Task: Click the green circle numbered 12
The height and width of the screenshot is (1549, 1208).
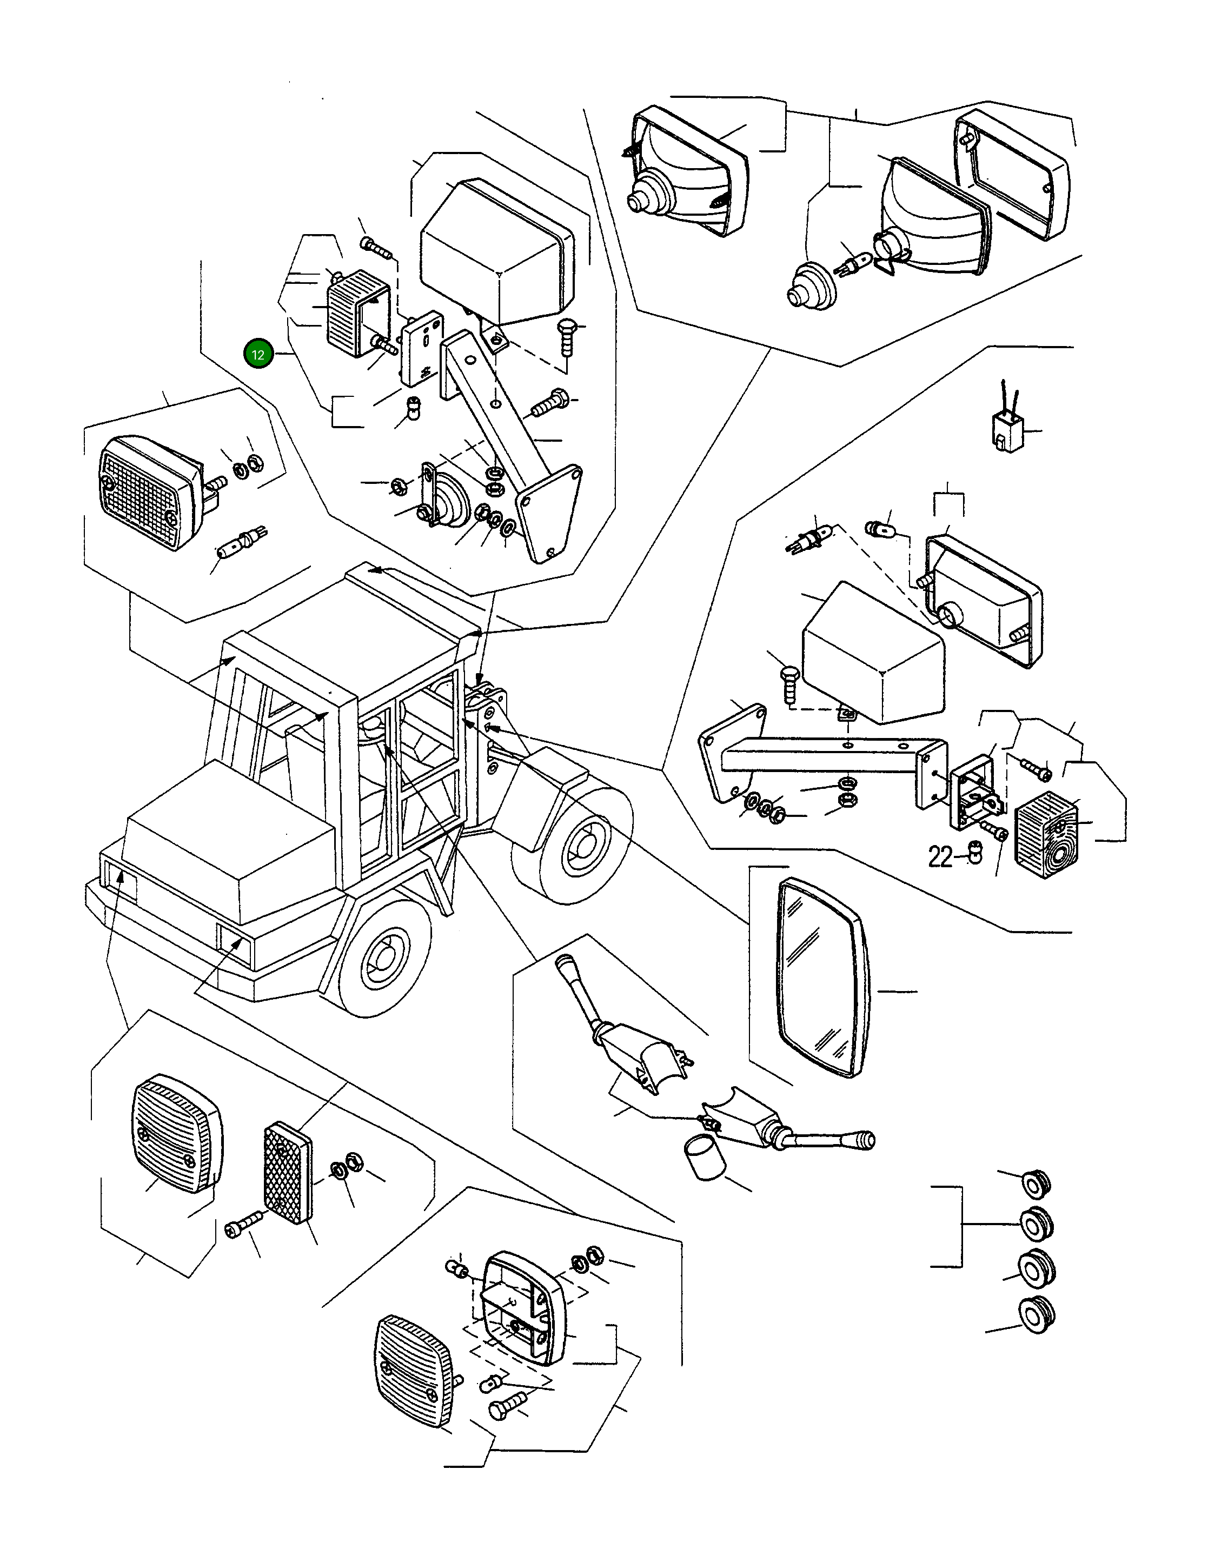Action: click(258, 355)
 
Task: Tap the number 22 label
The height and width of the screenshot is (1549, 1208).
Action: click(940, 857)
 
